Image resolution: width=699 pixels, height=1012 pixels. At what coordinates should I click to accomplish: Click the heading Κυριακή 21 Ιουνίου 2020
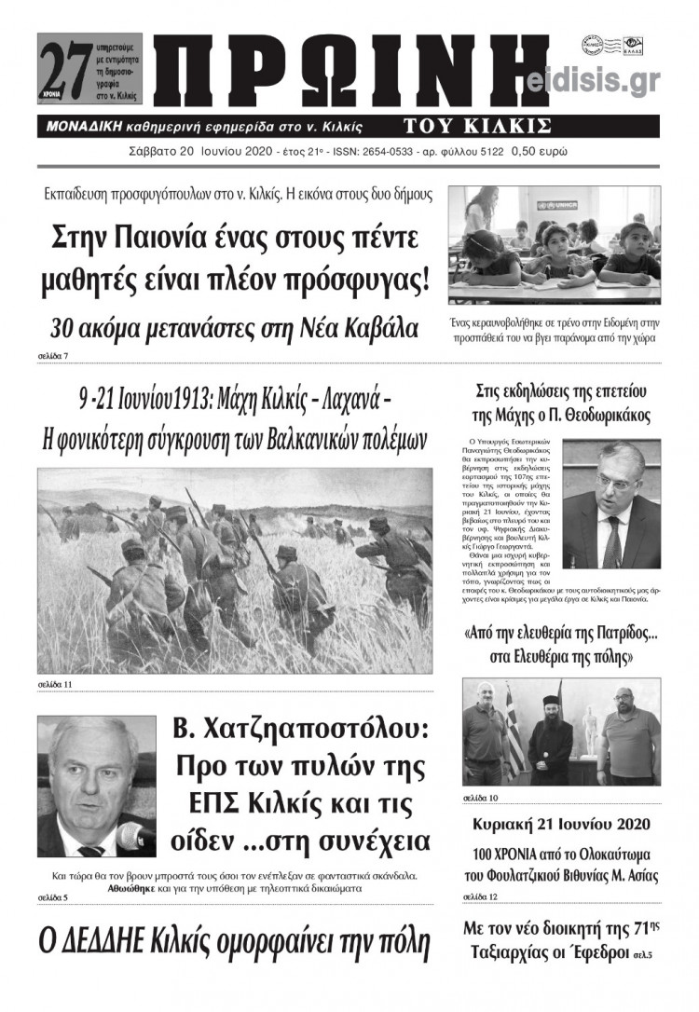point(561,826)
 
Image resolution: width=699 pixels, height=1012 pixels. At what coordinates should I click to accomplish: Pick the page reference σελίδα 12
point(480,896)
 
